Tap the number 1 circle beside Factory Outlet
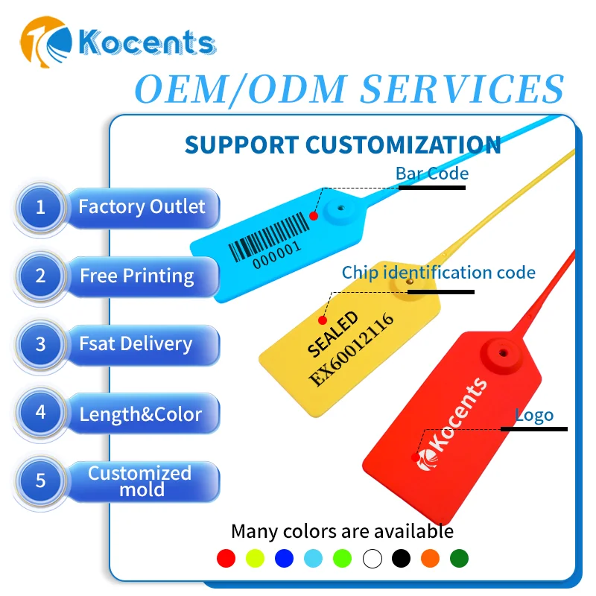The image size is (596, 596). pyautogui.click(x=40, y=206)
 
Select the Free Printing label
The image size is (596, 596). pyautogui.click(x=137, y=276)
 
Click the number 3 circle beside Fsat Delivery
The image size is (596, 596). pyautogui.click(x=40, y=344)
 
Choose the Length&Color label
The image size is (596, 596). pyautogui.click(x=140, y=413)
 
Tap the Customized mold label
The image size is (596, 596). pyautogui.click(x=140, y=481)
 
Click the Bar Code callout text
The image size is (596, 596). pyautogui.click(x=432, y=174)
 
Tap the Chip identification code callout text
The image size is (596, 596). pyautogui.click(x=438, y=273)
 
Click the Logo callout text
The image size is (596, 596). pyautogui.click(x=534, y=416)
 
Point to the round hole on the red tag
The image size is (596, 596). pyautogui.click(x=502, y=349)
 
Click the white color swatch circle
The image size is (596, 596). pyautogui.click(x=372, y=557)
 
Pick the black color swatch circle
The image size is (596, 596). pyautogui.click(x=401, y=557)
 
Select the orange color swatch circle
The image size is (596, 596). pyautogui.click(x=430, y=557)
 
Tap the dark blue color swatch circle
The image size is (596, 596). pyautogui.click(x=284, y=557)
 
